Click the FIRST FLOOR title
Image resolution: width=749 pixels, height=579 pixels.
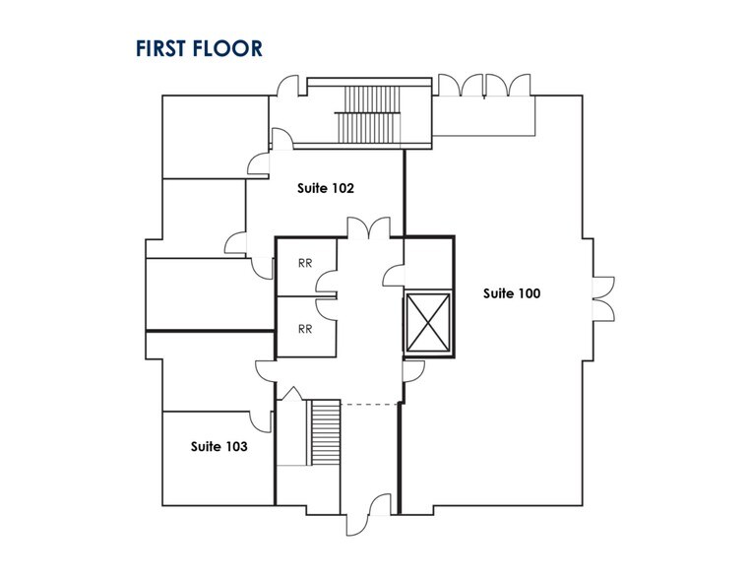click(199, 48)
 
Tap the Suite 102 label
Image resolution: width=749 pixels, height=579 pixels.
click(326, 188)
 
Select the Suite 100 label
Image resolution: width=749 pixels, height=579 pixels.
click(512, 293)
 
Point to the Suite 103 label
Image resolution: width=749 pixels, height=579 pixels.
click(219, 446)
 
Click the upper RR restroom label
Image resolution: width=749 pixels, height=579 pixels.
click(305, 263)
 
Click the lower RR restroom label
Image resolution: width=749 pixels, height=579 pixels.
click(305, 329)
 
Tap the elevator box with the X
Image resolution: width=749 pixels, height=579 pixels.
click(428, 323)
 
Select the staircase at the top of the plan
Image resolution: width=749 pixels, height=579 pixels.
click(368, 114)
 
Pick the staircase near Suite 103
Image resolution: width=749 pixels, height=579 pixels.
click(326, 433)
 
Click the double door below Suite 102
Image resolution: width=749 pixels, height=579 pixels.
click(369, 227)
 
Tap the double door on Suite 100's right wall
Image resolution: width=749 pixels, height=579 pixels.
click(603, 298)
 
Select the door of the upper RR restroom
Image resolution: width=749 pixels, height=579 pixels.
click(326, 281)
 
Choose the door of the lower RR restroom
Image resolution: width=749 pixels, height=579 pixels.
click(326, 309)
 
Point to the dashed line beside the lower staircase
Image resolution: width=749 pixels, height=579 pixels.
click(370, 404)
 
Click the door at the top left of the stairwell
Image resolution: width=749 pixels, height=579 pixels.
click(288, 86)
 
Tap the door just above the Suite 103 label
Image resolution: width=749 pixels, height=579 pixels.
click(261, 421)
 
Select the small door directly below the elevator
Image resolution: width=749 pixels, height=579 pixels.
click(413, 371)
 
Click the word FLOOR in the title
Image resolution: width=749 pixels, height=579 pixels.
click(228, 48)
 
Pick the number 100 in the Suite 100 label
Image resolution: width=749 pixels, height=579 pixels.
click(528, 293)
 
